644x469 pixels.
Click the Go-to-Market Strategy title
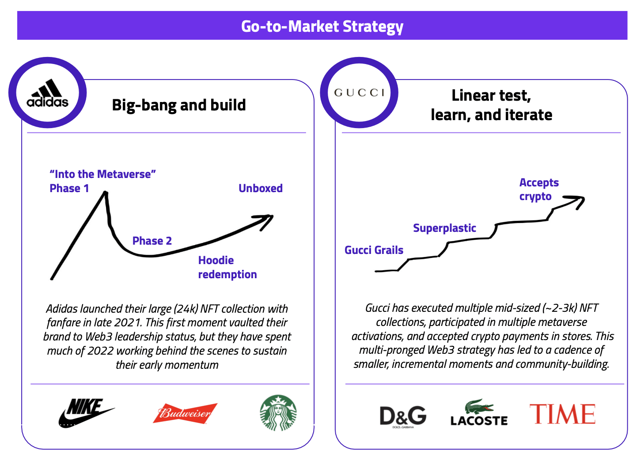pos(322,26)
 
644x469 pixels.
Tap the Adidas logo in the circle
pos(47,93)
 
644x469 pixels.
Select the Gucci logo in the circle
pos(359,93)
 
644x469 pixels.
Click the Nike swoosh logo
pos(86,412)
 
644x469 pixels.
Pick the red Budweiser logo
pos(185,413)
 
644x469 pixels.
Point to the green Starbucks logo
pos(278,412)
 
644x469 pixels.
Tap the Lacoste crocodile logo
pos(479,412)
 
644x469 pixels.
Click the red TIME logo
pos(562,414)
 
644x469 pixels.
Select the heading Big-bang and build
pos(179,105)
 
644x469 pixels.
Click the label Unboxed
pos(261,188)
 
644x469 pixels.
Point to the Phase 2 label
pos(152,241)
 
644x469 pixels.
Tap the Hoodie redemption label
pos(227,267)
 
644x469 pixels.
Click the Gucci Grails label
pos(374,250)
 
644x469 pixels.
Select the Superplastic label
pos(444,228)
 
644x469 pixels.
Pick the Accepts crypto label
pos(539,189)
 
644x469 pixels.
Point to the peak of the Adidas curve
pos(106,192)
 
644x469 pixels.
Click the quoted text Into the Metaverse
pos(102,174)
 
